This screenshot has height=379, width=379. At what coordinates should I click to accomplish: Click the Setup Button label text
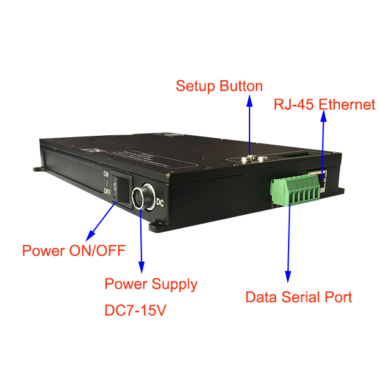[x=219, y=86]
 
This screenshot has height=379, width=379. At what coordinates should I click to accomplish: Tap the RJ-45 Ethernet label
[x=324, y=105]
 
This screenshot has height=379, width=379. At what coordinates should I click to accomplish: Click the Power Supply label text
[x=151, y=284]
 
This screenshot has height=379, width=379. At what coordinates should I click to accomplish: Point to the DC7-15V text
[x=136, y=311]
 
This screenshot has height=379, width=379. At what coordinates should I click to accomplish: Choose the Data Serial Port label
[x=298, y=297]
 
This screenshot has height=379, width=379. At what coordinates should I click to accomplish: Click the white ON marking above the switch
[x=107, y=174]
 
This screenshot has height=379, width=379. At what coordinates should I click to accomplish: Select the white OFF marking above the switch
[x=107, y=190]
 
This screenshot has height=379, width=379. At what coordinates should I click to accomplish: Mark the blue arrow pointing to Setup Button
[x=250, y=126]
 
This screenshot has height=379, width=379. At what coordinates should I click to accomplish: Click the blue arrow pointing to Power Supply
[x=140, y=237]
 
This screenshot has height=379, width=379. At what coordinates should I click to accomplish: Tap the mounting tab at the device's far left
[x=37, y=169]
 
